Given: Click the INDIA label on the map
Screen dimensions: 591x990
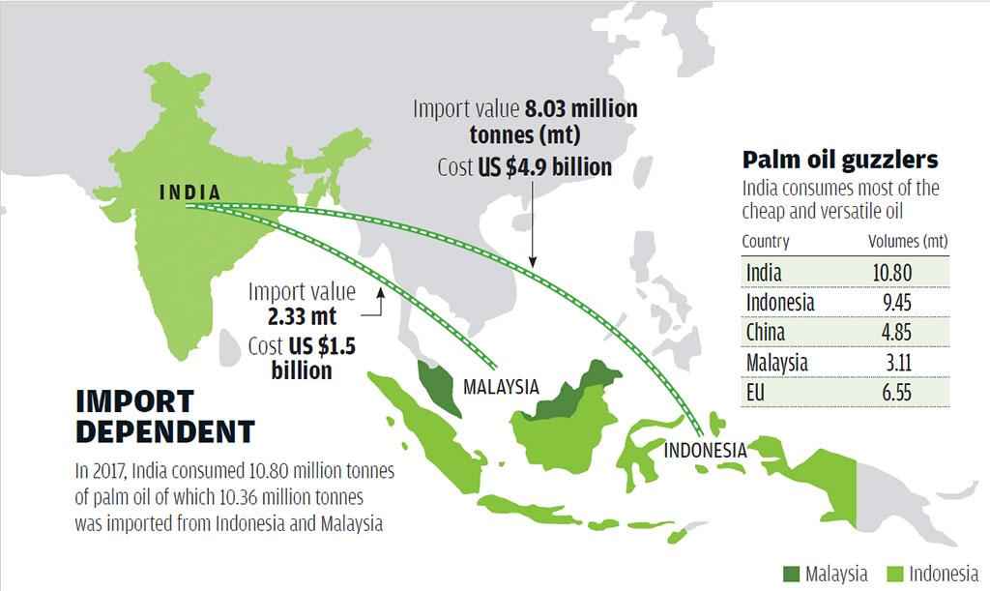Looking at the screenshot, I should (189, 192).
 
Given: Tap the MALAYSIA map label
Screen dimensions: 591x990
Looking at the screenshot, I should (501, 388).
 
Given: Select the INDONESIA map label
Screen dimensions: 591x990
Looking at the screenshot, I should (705, 451).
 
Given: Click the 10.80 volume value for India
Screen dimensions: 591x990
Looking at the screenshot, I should (891, 273).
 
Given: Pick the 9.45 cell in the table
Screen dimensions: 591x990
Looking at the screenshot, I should (891, 303).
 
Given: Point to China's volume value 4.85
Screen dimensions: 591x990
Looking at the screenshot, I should (891, 333).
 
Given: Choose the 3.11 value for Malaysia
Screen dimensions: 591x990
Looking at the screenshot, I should (891, 363).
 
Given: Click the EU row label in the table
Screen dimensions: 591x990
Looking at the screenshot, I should (757, 393).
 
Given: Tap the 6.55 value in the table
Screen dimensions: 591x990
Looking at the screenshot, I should (891, 393).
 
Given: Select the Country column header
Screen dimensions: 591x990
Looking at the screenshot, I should (766, 242).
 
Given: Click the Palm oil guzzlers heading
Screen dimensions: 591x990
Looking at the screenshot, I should (839, 160).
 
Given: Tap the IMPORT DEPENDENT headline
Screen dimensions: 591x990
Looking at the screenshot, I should (164, 416).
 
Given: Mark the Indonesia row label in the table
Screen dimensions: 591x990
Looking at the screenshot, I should (780, 303).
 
